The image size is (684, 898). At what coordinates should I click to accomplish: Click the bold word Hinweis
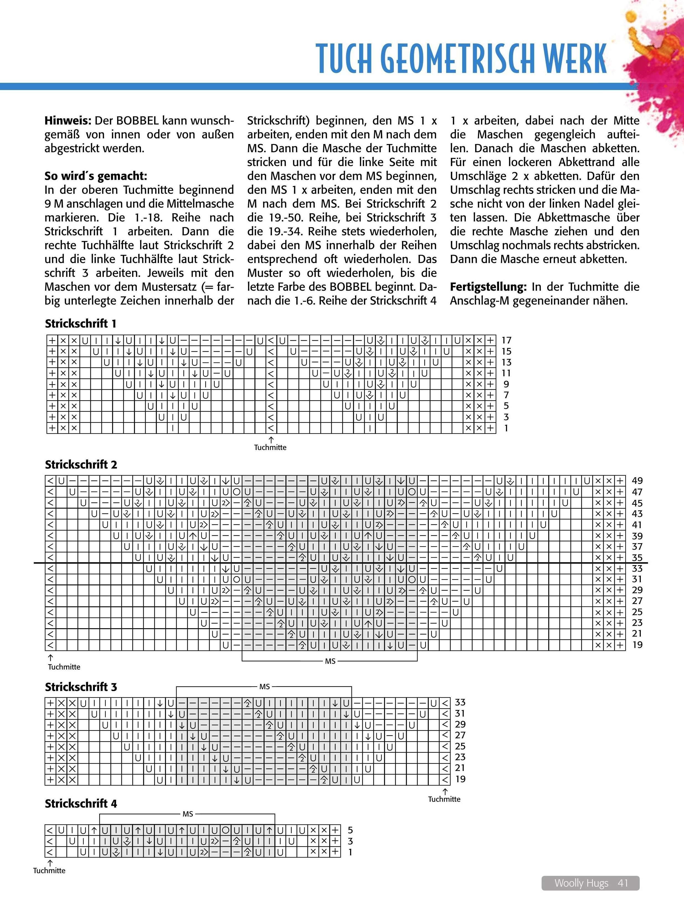(68, 121)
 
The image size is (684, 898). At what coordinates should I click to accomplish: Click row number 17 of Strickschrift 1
(506, 340)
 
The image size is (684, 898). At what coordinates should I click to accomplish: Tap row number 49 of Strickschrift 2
(637, 481)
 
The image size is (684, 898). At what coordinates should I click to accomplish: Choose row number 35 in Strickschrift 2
(637, 558)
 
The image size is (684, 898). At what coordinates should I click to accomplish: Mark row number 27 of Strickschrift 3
(460, 735)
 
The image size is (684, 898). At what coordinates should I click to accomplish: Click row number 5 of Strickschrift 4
(350, 830)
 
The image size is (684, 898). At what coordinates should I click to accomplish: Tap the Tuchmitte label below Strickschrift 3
(444, 799)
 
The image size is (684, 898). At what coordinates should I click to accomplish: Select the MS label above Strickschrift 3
(265, 687)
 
